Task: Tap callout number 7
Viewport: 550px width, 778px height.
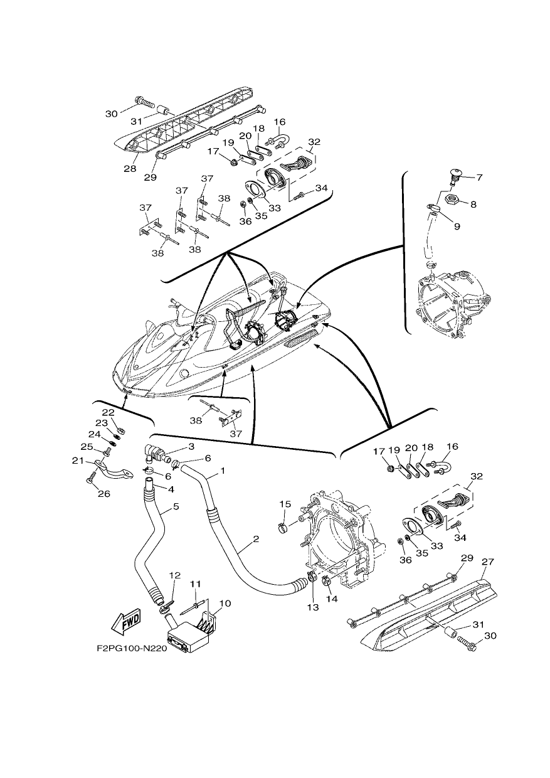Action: pos(480,178)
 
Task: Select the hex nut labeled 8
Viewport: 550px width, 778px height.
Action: pos(452,199)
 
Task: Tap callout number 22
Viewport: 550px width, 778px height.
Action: pos(108,412)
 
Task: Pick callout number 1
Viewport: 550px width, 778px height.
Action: pos(223,471)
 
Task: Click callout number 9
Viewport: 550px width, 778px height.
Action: pos(457,226)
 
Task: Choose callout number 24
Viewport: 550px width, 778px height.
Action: pos(94,435)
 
